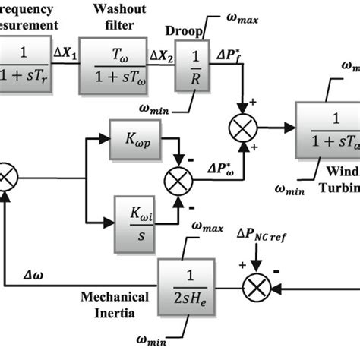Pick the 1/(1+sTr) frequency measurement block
point(24,66)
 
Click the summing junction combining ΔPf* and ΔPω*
point(244,125)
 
